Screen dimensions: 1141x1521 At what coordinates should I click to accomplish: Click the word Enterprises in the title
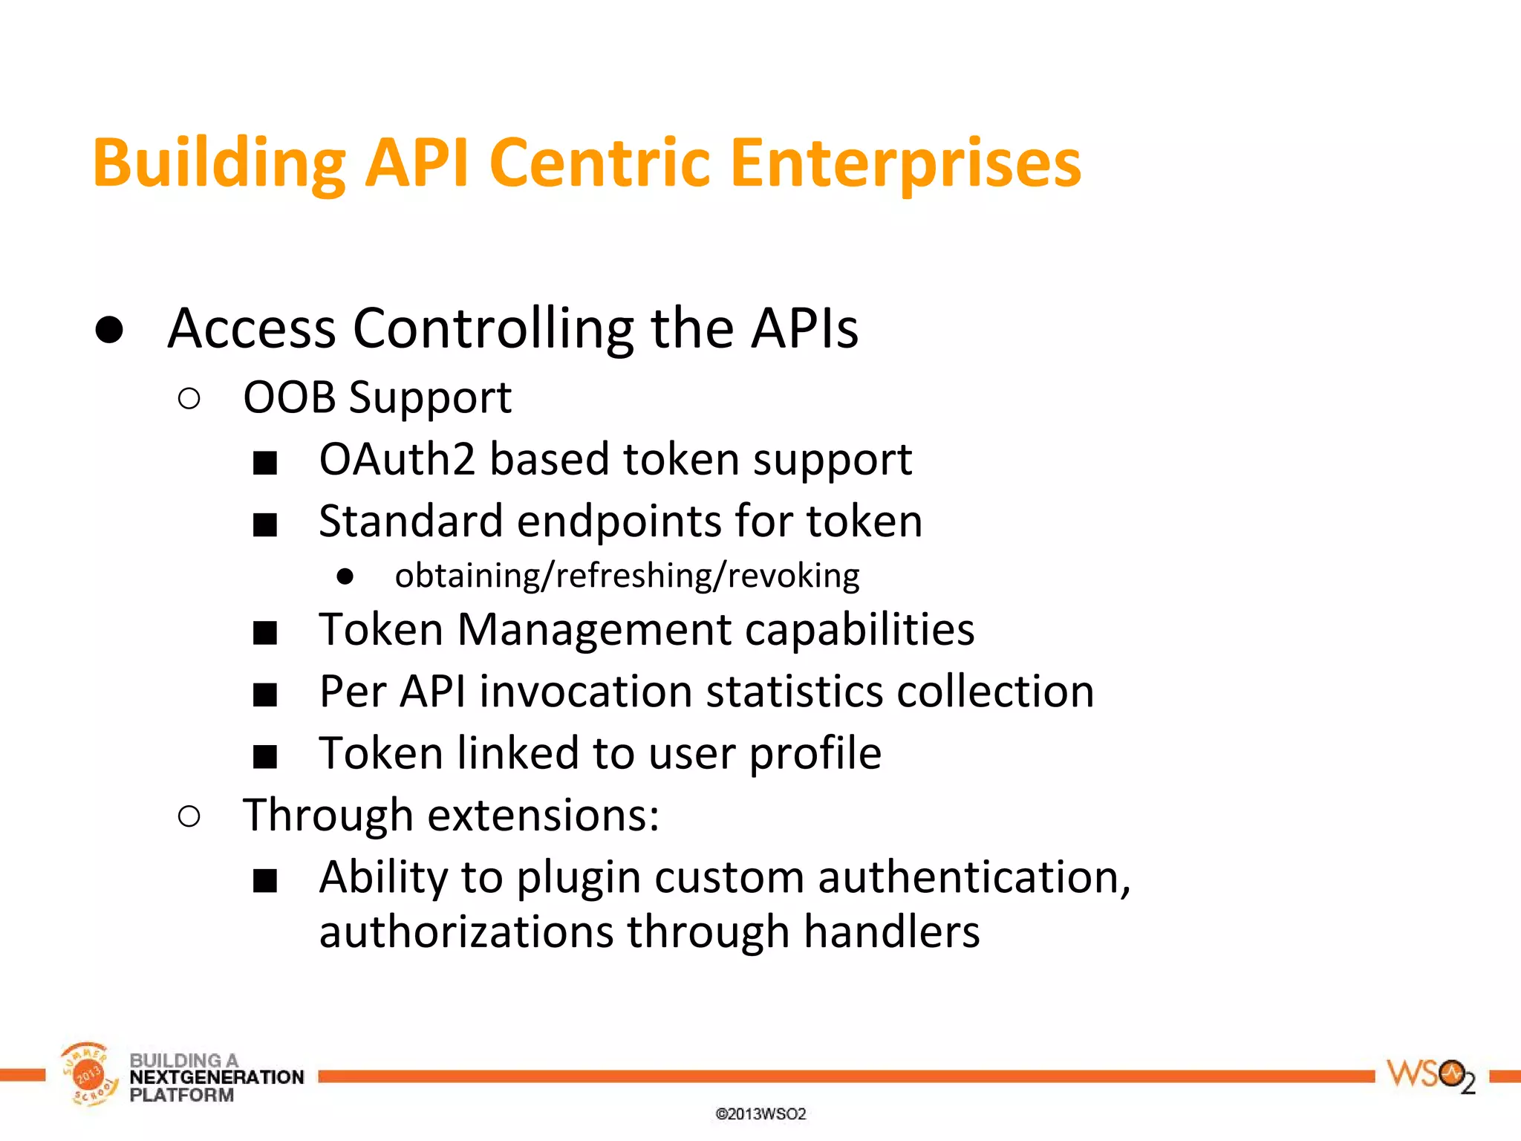(x=905, y=163)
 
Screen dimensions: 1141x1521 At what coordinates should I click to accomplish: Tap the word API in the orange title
(x=417, y=163)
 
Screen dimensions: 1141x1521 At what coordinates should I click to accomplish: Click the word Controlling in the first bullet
(x=493, y=328)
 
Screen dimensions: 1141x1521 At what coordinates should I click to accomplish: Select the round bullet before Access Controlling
(x=109, y=330)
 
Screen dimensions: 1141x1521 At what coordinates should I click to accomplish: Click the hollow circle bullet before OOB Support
(x=189, y=400)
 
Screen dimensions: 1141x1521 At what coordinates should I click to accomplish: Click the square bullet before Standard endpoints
(x=265, y=525)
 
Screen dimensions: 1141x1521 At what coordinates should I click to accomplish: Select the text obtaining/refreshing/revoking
(x=627, y=576)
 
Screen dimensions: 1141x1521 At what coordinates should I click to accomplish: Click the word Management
(x=594, y=630)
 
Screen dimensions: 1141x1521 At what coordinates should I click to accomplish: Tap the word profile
(x=815, y=754)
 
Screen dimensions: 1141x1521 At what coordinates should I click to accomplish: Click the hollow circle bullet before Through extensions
(x=189, y=817)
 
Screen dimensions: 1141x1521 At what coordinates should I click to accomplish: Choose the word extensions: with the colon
(x=544, y=816)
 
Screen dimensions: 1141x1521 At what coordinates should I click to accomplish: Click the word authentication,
(x=974, y=877)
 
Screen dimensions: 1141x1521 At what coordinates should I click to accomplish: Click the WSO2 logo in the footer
(x=1430, y=1076)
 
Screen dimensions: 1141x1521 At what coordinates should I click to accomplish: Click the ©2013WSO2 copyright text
(x=760, y=1114)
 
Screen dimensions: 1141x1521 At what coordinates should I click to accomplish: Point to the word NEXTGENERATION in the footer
(x=217, y=1077)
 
